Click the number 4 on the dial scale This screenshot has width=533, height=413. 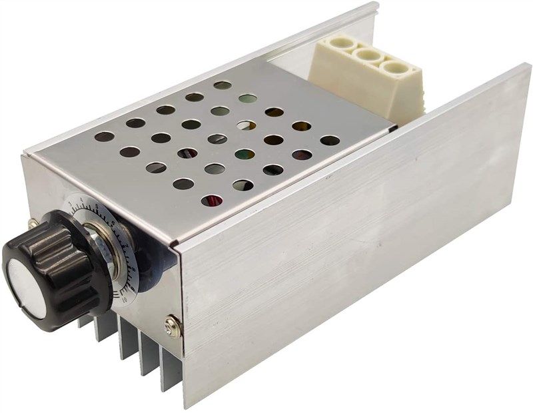coord(82,198)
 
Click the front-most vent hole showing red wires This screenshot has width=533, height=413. coord(212,199)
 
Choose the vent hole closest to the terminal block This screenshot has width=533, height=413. coord(330,141)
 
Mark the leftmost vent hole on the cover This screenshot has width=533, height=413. coord(104,137)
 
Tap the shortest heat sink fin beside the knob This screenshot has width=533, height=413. coord(83,321)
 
